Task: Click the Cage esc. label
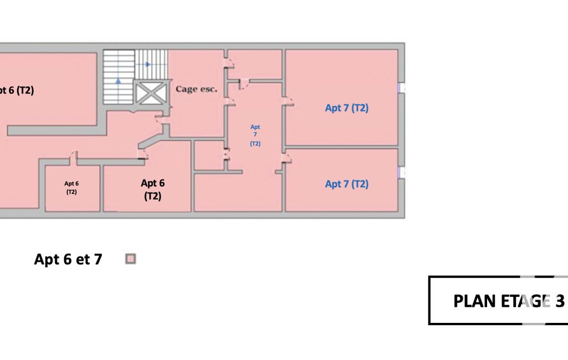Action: [196, 89]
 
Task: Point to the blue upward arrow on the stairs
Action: [119, 81]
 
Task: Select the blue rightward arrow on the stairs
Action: [147, 64]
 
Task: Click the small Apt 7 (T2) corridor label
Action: [255, 135]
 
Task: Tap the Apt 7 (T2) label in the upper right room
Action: [346, 108]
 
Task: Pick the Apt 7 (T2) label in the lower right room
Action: [346, 184]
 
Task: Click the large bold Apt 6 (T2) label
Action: [152, 189]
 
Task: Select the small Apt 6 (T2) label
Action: [71, 188]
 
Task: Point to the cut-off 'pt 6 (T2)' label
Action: [17, 90]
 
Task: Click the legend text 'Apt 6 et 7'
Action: [68, 259]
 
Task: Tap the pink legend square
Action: [131, 259]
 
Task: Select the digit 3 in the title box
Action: [560, 301]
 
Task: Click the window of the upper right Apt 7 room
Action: [401, 88]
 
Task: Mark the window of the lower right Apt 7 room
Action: [401, 172]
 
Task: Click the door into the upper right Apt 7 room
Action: [287, 101]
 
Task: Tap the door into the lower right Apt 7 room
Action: [286, 160]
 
